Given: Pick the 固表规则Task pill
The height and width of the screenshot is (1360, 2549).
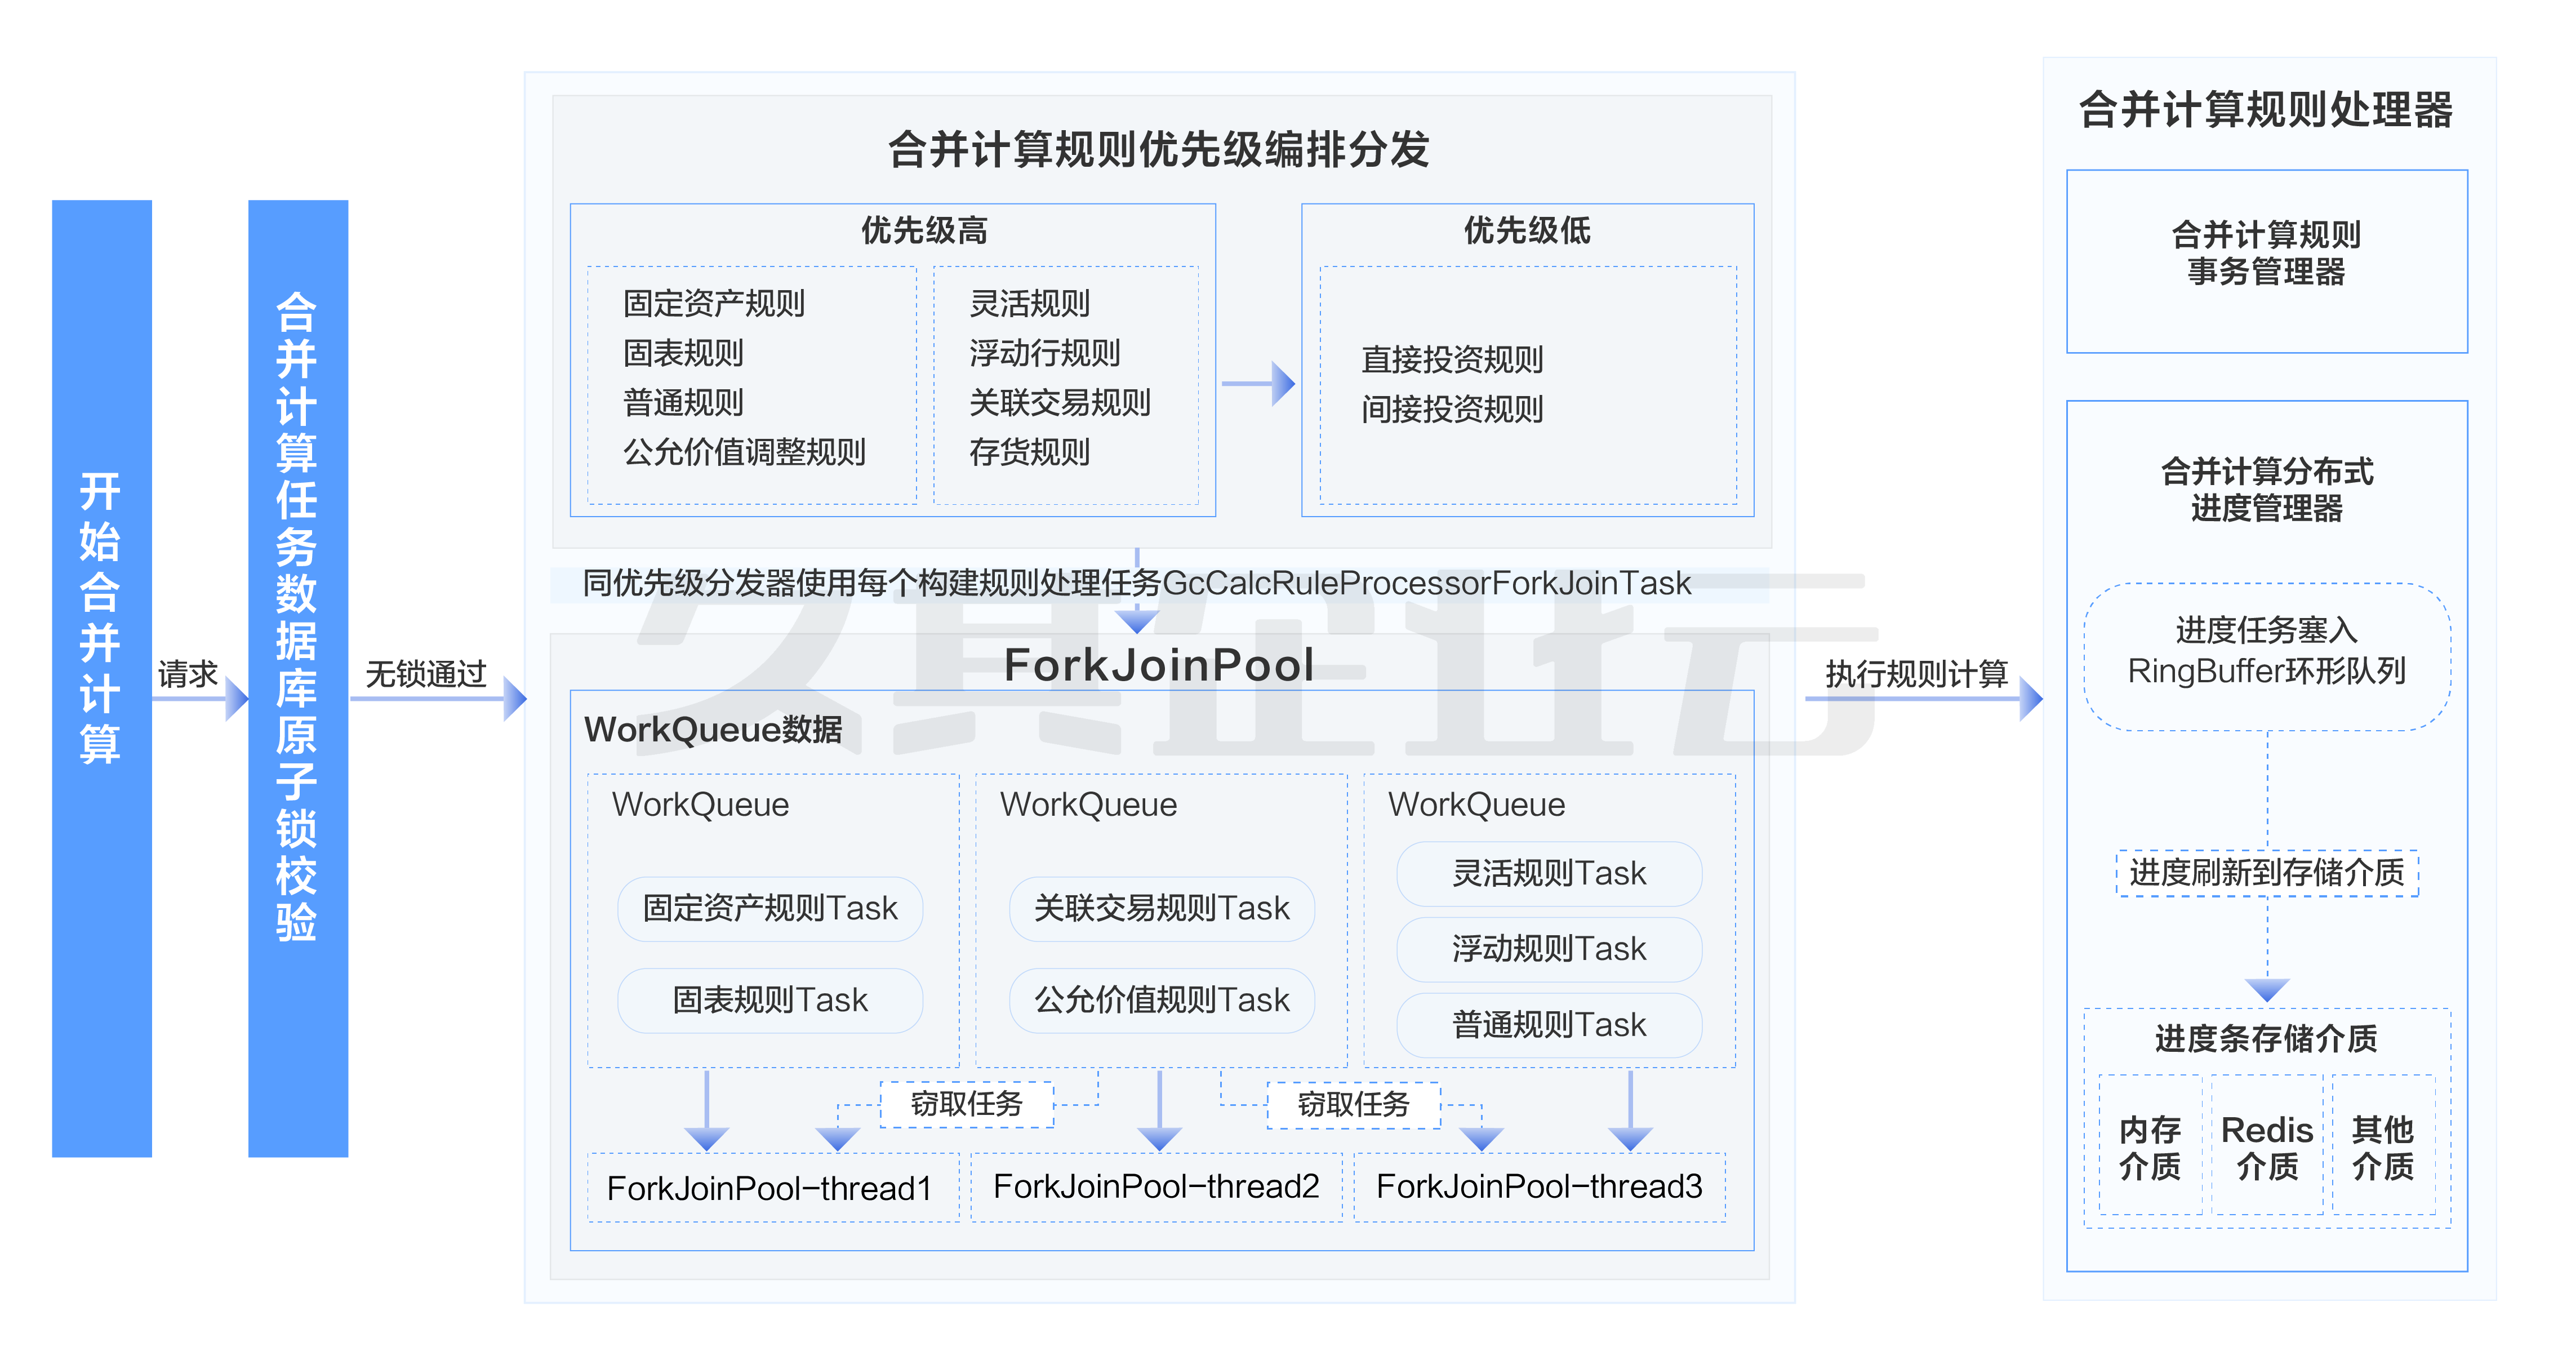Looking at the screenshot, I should [770, 999].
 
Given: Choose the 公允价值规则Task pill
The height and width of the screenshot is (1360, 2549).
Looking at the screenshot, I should [1162, 999].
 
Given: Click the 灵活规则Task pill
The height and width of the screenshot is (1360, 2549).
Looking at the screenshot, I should [1549, 873].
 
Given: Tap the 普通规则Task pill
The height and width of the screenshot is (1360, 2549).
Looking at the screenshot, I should [1549, 1024].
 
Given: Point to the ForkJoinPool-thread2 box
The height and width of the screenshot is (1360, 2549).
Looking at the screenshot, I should [1156, 1186].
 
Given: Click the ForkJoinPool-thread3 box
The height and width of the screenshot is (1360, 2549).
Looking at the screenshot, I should [1539, 1186].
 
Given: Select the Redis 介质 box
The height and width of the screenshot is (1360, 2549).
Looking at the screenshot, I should [2266, 1146].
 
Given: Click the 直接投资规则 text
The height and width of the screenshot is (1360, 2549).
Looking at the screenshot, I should [1452, 359].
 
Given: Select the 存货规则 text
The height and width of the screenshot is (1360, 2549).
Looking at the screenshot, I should [1029, 452].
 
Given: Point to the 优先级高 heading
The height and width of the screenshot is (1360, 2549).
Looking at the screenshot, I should [923, 230].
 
